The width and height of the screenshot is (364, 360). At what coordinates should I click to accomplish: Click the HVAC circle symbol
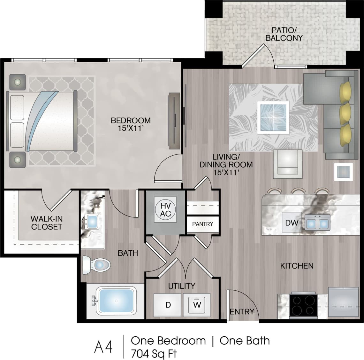pos(165,210)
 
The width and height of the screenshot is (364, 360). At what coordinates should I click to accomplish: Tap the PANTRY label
pos(202,224)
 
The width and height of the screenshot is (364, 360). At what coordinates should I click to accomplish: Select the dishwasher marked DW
pos(292,223)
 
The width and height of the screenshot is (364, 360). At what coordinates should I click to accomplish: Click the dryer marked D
pos(168,305)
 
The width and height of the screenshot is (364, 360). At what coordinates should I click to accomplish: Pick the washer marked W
pos(197,305)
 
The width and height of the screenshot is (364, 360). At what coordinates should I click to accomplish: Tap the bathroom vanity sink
pos(92,221)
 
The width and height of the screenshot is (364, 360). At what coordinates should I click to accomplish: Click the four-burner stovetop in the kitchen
pos(303,305)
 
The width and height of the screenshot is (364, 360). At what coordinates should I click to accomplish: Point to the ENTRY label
pos(242,311)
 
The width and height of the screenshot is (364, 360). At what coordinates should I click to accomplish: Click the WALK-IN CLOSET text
pos(47,223)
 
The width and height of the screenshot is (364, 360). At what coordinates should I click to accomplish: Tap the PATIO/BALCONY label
pos(284,34)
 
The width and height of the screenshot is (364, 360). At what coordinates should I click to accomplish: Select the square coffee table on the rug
pos(273,118)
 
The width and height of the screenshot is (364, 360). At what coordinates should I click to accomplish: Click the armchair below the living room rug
pos(287,164)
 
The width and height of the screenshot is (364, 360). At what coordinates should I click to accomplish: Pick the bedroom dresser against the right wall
pos(174,120)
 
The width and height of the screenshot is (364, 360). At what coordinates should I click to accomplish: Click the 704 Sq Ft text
pos(154,354)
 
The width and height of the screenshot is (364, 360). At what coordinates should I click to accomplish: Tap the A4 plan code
pos(103,347)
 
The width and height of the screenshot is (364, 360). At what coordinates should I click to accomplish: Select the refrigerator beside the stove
pos(343,302)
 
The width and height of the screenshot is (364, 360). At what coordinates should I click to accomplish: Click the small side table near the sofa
pos(343,172)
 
